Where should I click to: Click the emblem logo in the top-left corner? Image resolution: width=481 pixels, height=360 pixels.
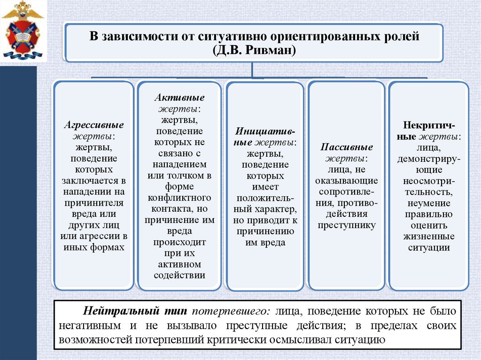coord(22,31)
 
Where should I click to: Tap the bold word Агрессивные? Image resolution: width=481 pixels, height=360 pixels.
coord(94,125)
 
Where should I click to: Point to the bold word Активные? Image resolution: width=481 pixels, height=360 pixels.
coord(179,98)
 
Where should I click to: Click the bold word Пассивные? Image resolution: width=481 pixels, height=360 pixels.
coord(347,147)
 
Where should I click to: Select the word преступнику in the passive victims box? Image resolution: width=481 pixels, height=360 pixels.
coord(347,225)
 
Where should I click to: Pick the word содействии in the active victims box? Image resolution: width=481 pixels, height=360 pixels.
coord(179,276)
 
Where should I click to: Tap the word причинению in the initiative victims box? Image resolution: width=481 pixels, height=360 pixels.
coord(265,231)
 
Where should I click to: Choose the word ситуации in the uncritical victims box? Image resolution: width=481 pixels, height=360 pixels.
coord(428,248)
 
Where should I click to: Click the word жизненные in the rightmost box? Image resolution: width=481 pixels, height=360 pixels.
coord(428,237)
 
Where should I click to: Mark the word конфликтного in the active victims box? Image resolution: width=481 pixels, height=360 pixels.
coord(179,198)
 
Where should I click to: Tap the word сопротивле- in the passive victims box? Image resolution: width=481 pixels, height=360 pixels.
coord(347,191)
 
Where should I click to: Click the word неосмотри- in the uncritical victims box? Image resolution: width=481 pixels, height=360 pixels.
coord(428,181)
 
